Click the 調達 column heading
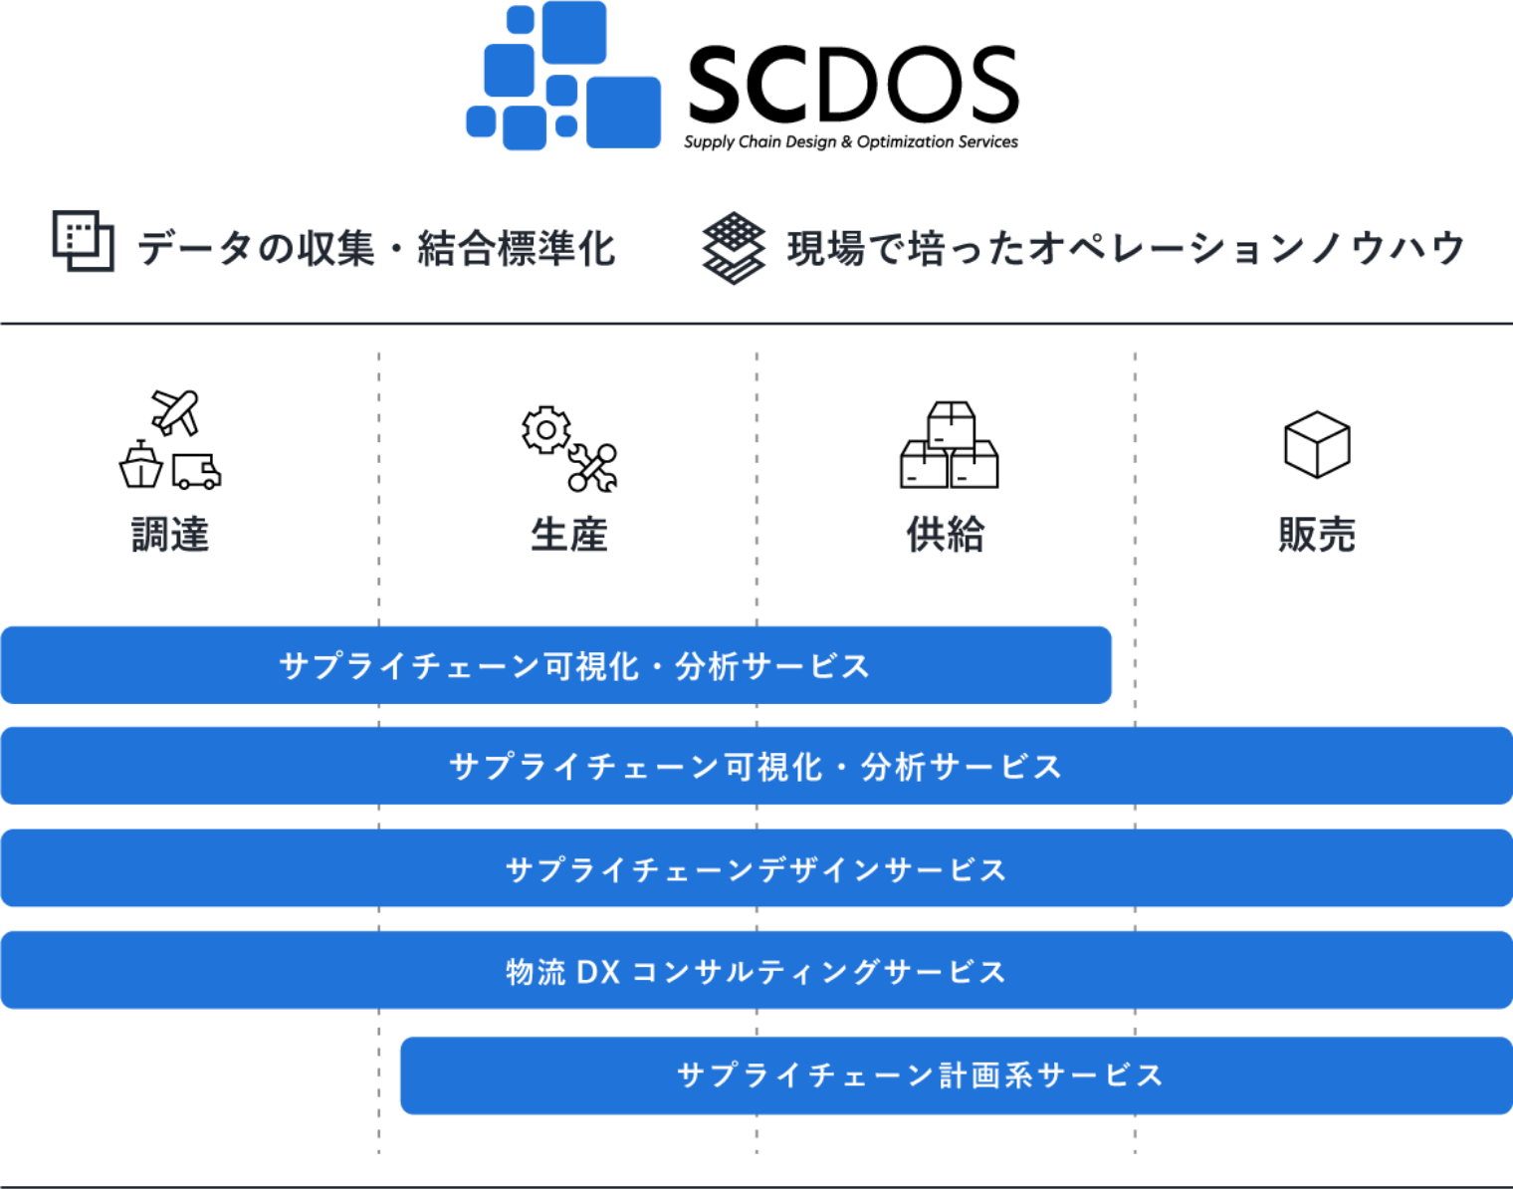(170, 535)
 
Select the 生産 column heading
(568, 535)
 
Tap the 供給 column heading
(946, 535)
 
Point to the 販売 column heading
(1316, 535)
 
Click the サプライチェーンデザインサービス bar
(756, 869)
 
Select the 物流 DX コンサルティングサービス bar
(756, 971)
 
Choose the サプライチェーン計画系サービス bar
(956, 1075)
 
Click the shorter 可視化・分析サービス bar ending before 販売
(555, 665)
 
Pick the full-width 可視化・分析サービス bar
(756, 767)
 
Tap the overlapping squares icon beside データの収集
(83, 241)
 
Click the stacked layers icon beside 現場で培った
(734, 248)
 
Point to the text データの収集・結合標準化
(376, 248)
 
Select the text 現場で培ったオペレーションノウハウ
(1126, 248)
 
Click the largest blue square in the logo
(624, 113)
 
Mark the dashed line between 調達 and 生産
(379, 478)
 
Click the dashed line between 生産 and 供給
(756, 478)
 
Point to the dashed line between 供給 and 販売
(1135, 478)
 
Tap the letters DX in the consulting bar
(598, 972)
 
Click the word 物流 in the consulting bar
(536, 972)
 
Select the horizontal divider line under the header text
(756, 324)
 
